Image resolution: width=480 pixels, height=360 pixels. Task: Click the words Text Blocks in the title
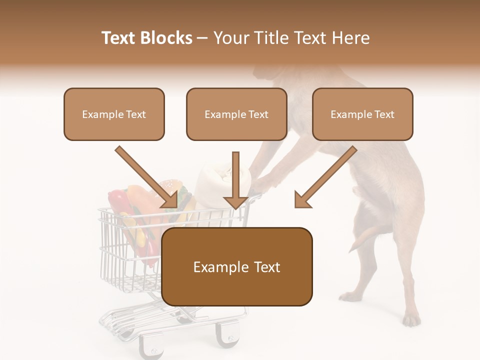[x=146, y=38]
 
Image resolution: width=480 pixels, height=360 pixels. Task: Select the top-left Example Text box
[x=114, y=114]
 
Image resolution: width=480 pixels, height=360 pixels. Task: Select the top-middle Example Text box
[x=236, y=114]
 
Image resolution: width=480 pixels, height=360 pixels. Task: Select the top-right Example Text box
[x=362, y=114]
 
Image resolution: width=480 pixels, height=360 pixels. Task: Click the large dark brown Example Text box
[x=236, y=267]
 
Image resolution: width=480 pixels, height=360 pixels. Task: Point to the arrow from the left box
[x=147, y=177]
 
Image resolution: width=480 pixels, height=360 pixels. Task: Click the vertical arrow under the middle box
[x=235, y=180]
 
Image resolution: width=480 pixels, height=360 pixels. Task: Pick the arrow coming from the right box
[x=325, y=177]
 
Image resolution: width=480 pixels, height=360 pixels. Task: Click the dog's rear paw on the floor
[x=411, y=318]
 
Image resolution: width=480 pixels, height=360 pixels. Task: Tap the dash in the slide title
[x=202, y=38]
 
